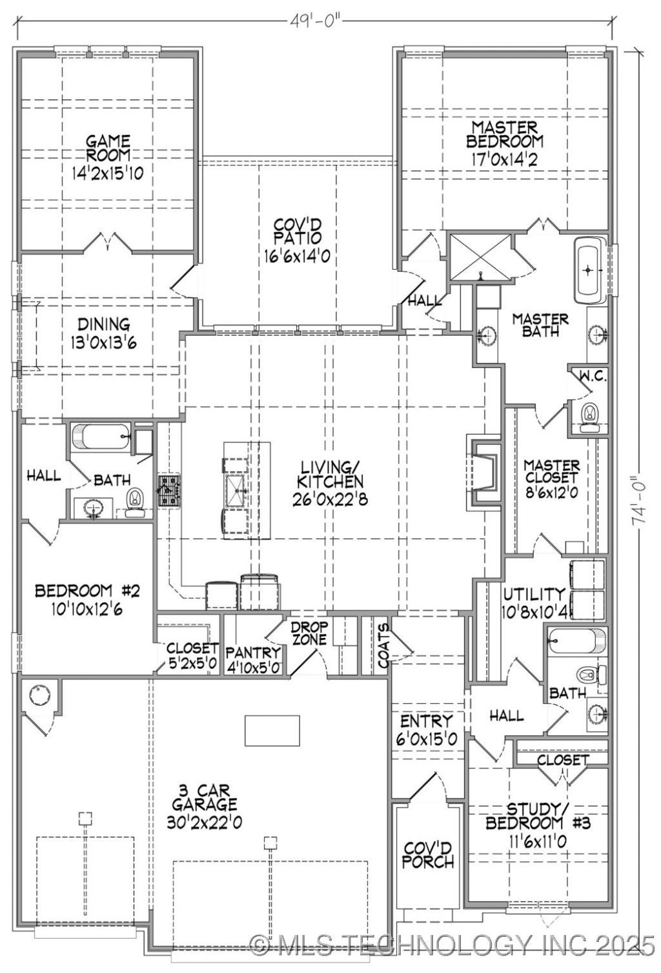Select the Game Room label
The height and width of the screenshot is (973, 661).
pyautogui.click(x=108, y=148)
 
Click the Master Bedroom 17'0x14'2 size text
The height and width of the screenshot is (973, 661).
pyautogui.click(x=505, y=160)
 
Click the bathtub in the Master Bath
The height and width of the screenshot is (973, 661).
pyautogui.click(x=589, y=270)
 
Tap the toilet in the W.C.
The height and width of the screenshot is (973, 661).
pyautogui.click(x=589, y=418)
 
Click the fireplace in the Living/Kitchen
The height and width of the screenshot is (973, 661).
pyautogui.click(x=483, y=471)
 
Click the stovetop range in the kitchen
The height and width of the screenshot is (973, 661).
pyautogui.click(x=169, y=491)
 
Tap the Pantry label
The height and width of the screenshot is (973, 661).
pyautogui.click(x=254, y=652)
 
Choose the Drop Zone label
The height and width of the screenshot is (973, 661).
pyautogui.click(x=309, y=633)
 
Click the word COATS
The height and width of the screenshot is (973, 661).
pyautogui.click(x=383, y=646)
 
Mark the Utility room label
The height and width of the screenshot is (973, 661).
pyautogui.click(x=534, y=594)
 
